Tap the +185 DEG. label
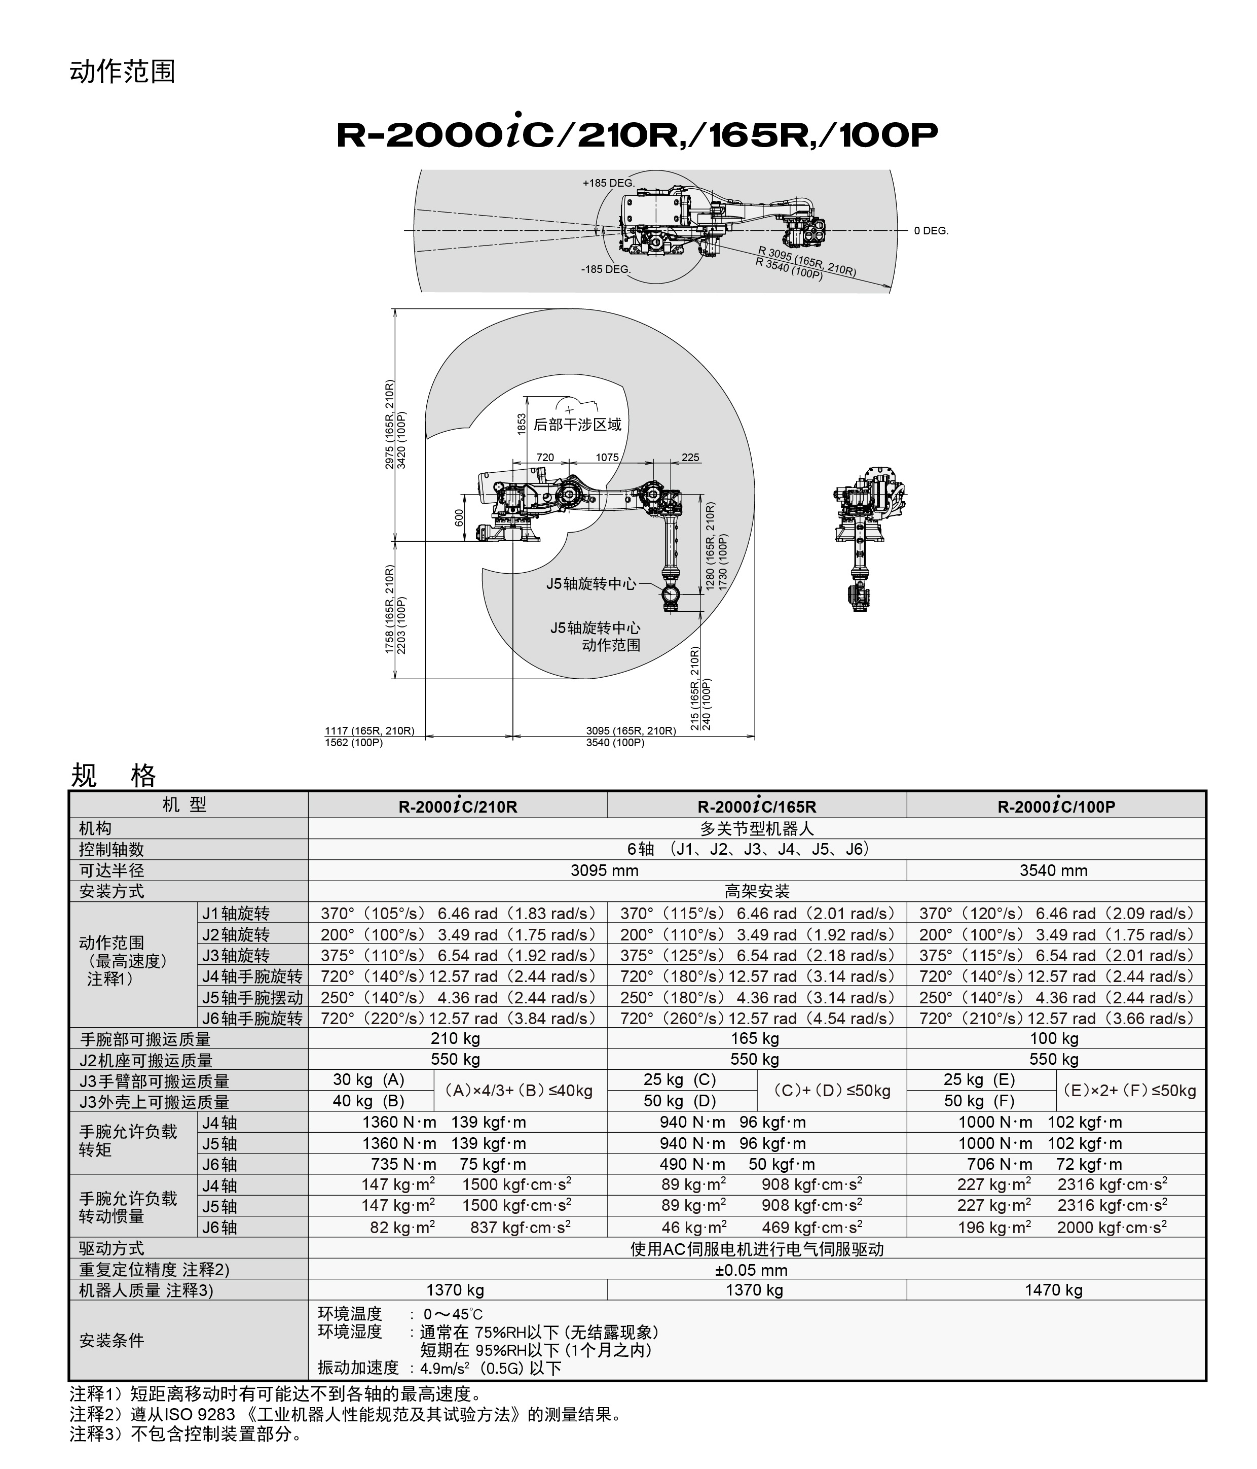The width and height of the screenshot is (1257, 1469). tap(608, 183)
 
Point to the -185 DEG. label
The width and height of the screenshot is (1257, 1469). tap(606, 269)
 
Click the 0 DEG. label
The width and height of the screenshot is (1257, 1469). tap(931, 231)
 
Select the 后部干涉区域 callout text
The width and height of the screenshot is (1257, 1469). tap(577, 425)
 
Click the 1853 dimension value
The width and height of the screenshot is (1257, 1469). tap(522, 425)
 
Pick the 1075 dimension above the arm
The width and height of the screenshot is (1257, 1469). tap(607, 458)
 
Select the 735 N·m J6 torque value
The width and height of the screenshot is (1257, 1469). tap(404, 1164)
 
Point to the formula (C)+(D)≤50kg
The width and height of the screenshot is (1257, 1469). tap(831, 1091)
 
